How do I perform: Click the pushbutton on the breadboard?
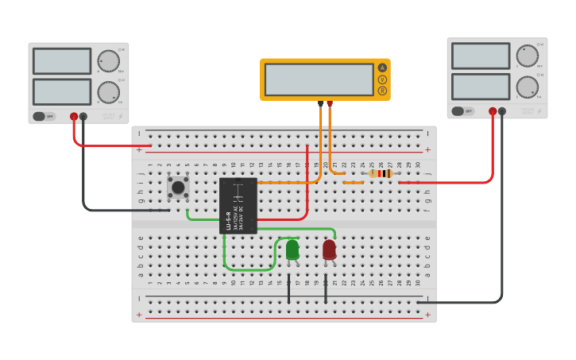(x=178, y=188)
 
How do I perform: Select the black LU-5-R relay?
(x=238, y=206)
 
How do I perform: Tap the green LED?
(x=292, y=250)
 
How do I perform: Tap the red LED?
(x=329, y=250)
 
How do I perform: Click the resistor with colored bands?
(x=381, y=173)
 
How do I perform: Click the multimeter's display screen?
(x=319, y=79)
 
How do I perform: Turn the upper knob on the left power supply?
(x=108, y=61)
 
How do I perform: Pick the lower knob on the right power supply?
(x=527, y=87)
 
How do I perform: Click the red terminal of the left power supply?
(x=74, y=117)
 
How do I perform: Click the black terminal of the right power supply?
(x=501, y=111)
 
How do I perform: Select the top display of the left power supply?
(x=62, y=61)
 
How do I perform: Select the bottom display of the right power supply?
(x=481, y=87)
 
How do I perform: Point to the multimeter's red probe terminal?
(x=330, y=103)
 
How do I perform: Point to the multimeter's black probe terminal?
(x=321, y=103)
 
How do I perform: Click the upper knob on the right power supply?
(x=527, y=56)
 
